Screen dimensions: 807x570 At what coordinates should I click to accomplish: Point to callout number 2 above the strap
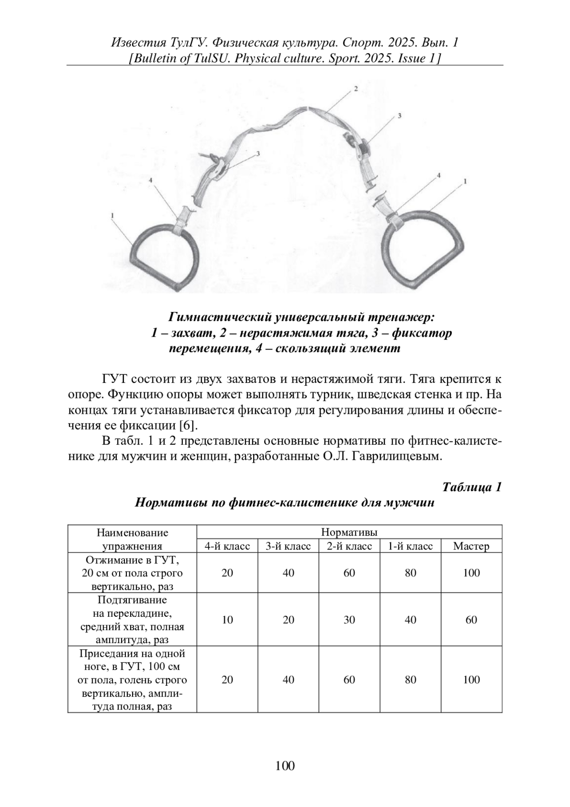355,89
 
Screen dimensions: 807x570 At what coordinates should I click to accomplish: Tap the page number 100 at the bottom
285,766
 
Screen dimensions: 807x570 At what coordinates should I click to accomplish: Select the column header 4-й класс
227,546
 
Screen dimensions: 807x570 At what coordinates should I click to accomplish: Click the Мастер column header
471,546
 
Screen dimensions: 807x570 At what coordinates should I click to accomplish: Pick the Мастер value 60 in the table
471,620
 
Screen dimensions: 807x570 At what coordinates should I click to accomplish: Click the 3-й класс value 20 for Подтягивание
288,620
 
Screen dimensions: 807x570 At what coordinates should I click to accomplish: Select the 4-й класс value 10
227,620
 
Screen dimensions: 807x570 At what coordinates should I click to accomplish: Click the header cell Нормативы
349,532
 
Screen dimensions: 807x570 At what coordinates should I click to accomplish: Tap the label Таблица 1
472,487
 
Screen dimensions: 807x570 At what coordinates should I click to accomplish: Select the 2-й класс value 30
349,620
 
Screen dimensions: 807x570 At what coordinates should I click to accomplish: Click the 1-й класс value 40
410,620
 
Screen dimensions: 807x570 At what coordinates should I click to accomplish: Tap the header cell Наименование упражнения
133,539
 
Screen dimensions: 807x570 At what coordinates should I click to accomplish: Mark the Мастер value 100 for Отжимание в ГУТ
471,573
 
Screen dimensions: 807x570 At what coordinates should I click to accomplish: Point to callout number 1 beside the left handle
113,215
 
